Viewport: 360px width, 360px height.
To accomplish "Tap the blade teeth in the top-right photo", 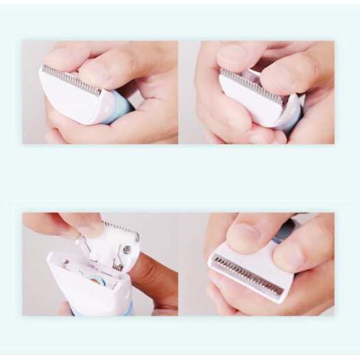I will click(x=250, y=86).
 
